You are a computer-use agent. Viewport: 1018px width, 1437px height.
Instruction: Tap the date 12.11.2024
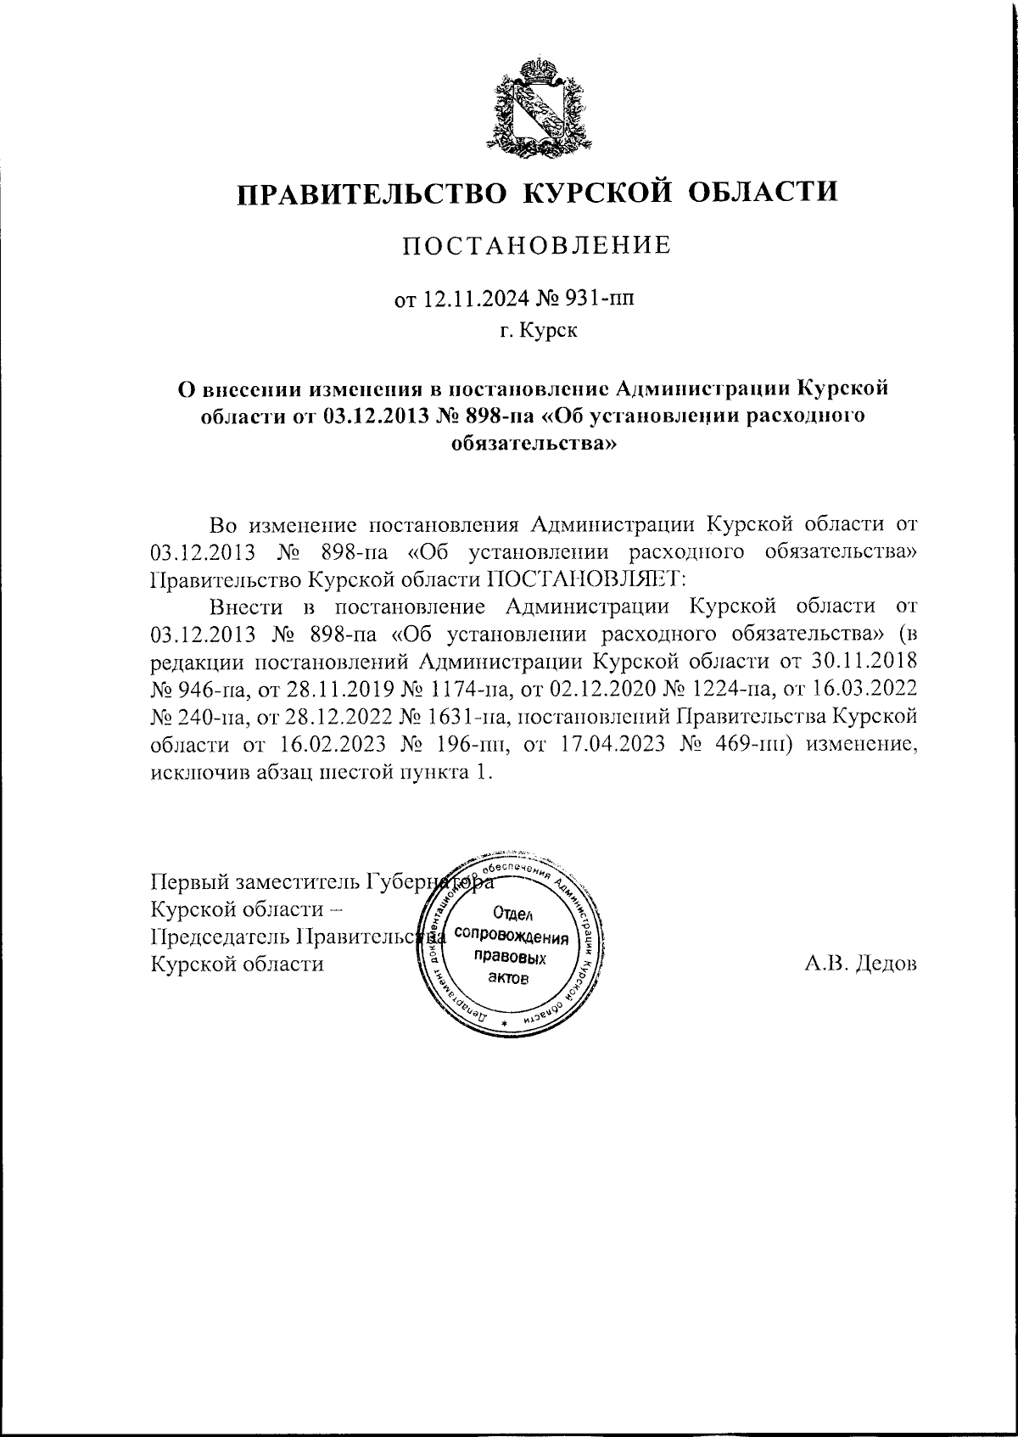pyautogui.click(x=475, y=299)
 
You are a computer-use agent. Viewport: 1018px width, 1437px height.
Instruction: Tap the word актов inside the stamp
pyautogui.click(x=510, y=979)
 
